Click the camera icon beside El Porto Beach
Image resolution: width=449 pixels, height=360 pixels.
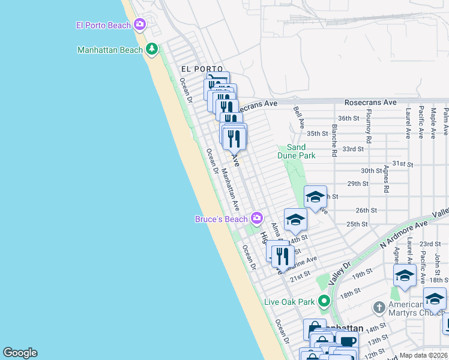click(140, 25)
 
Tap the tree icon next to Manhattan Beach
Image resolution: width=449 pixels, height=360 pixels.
click(152, 49)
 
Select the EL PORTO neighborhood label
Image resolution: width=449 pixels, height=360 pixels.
click(200, 69)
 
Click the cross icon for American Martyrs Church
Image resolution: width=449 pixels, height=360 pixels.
click(379, 308)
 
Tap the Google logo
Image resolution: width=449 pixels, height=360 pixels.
click(20, 353)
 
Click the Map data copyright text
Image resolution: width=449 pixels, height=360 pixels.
click(424, 355)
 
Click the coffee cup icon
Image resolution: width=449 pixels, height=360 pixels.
click(347, 341)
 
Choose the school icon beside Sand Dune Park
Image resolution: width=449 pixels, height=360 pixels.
click(315, 196)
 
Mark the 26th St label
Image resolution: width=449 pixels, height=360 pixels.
click(366, 211)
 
